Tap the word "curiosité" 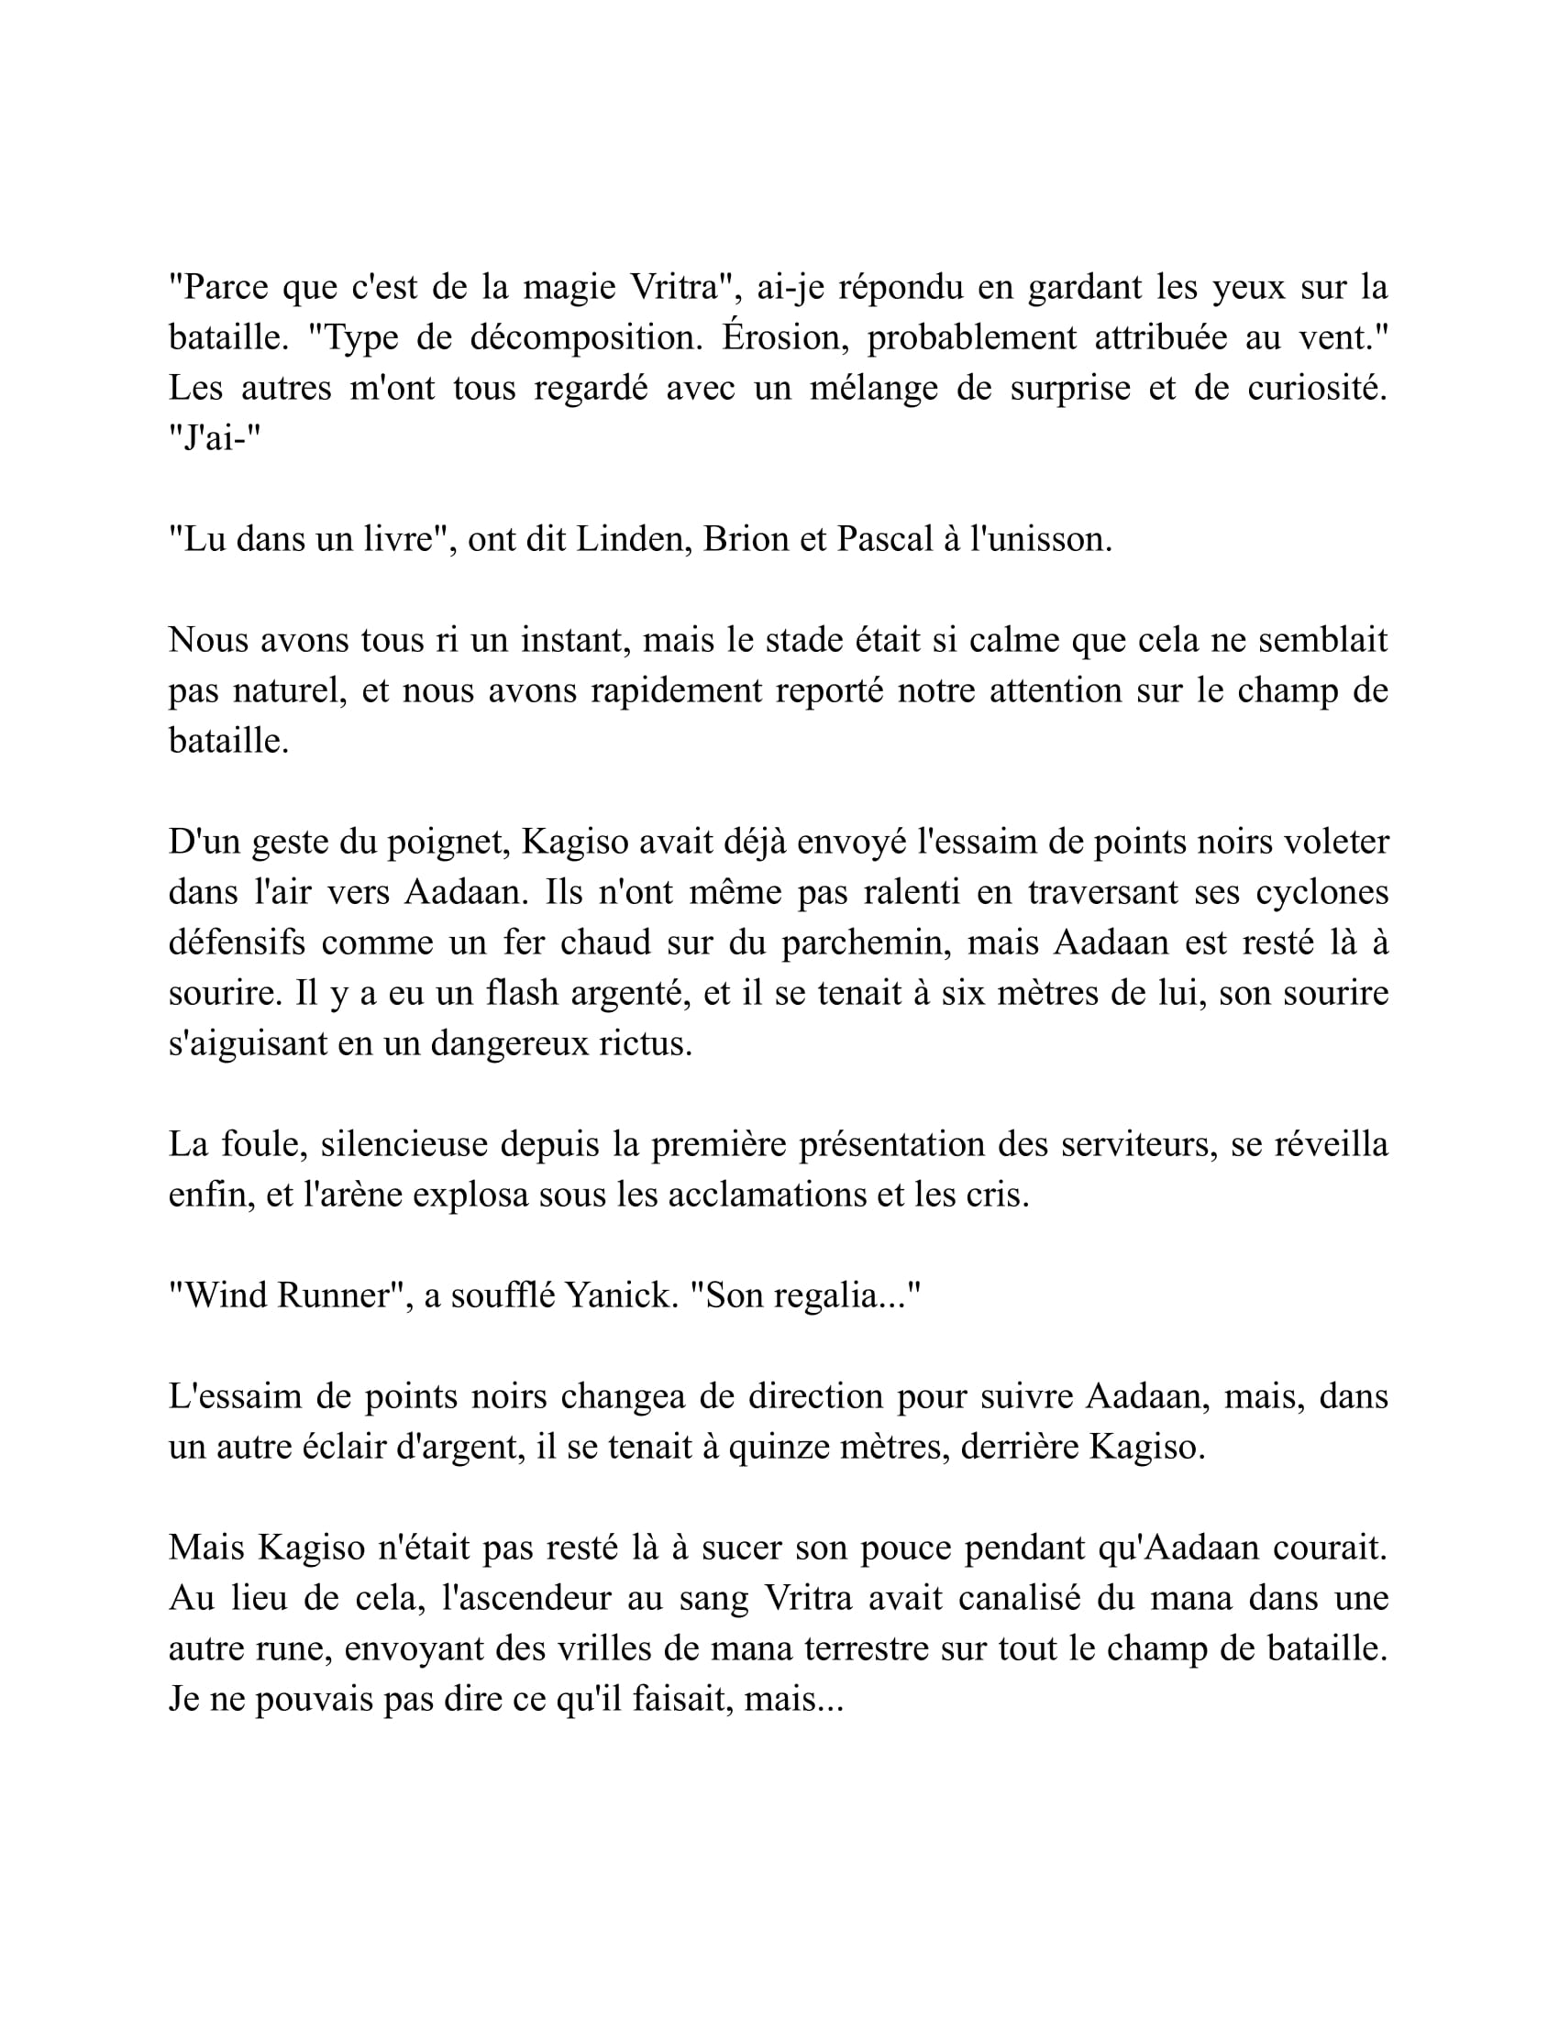point(1317,389)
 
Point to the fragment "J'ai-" point(216,438)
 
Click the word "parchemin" point(866,942)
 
